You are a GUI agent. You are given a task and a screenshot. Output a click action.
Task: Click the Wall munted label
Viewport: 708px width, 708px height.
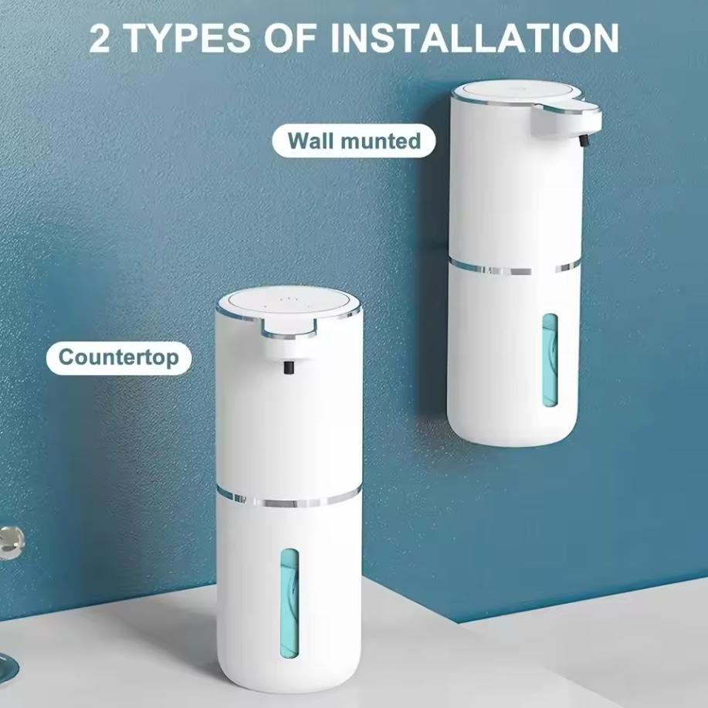point(354,141)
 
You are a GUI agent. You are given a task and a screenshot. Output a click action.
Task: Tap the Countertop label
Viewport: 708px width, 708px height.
point(119,357)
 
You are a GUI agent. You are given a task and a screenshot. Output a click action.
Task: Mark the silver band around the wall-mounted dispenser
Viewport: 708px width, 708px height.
point(513,268)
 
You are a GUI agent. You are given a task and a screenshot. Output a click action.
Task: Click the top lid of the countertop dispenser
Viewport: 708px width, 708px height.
point(289,303)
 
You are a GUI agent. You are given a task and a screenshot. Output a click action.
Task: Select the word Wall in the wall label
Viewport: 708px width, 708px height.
point(312,141)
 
